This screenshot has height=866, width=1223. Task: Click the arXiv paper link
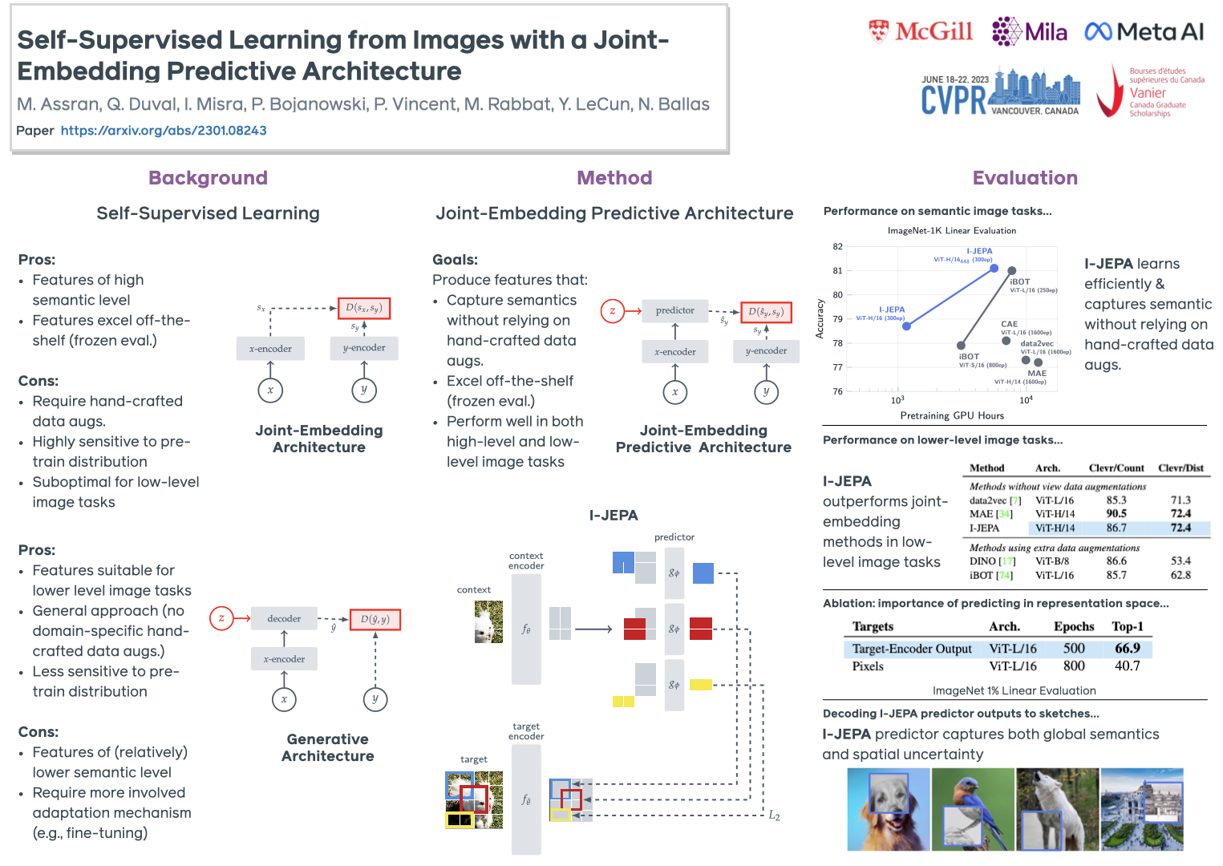[x=164, y=131]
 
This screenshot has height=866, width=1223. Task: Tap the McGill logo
[x=921, y=32]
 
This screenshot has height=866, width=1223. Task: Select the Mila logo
[x=1030, y=32]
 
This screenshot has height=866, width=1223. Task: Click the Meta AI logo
[x=1144, y=32]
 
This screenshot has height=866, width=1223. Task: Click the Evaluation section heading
[x=1025, y=178]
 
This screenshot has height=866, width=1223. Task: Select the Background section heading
[x=208, y=178]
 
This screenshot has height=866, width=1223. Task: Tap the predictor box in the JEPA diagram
[x=675, y=310]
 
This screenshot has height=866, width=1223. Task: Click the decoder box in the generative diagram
[x=284, y=618]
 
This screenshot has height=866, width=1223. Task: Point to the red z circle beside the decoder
[x=221, y=618]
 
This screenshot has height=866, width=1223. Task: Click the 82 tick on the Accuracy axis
[x=837, y=247]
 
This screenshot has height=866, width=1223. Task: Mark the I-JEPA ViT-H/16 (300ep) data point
[x=906, y=326]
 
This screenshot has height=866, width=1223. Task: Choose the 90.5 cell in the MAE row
[x=1116, y=514]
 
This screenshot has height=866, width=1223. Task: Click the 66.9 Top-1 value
[x=1127, y=648]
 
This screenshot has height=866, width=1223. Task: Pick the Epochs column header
[x=1074, y=626]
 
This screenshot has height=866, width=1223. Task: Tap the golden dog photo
[x=889, y=809]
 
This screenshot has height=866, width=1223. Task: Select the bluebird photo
[x=973, y=809]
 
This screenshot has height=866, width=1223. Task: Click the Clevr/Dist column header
[x=1180, y=468]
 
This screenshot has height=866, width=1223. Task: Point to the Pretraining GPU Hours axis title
[x=952, y=415]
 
